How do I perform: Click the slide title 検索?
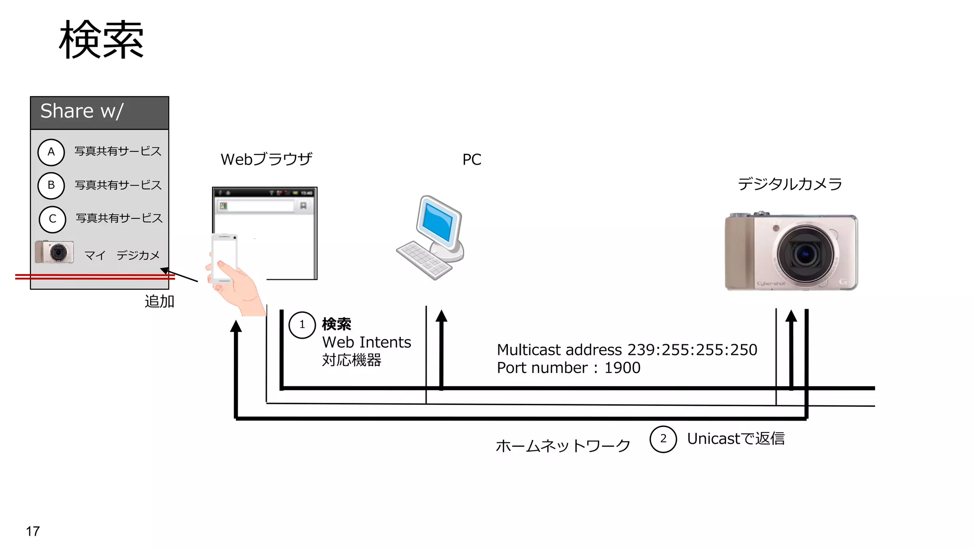(101, 40)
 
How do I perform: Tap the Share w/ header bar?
(99, 112)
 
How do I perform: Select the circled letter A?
(51, 152)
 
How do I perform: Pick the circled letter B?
(51, 186)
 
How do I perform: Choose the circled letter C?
(52, 219)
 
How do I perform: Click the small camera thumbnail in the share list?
(55, 252)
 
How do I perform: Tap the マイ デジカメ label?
(122, 256)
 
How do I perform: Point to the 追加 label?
(159, 302)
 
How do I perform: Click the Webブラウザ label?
(266, 159)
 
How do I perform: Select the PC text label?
(471, 159)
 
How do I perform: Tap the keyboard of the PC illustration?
(423, 259)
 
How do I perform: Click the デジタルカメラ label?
(789, 184)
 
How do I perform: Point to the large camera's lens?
(805, 254)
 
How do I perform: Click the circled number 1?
(302, 325)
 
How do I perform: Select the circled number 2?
(663, 439)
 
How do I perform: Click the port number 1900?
(622, 368)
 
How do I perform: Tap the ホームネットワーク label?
(563, 446)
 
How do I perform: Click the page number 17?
(33, 531)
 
